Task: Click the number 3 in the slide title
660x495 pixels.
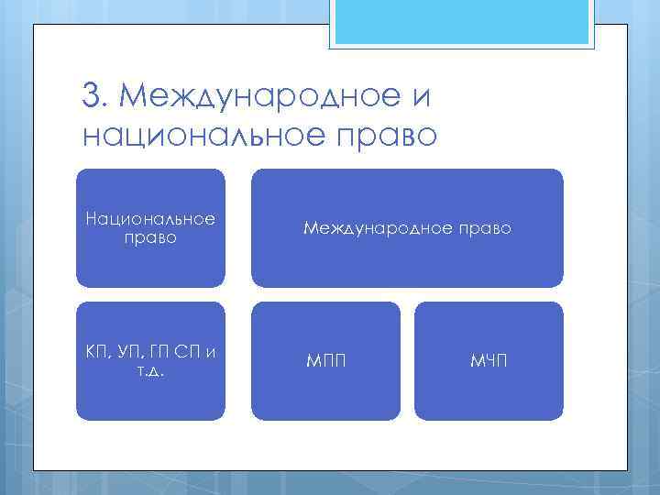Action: pos(90,94)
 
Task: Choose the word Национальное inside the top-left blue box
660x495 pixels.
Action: pos(149,219)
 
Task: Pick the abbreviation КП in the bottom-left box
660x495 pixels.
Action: pos(95,354)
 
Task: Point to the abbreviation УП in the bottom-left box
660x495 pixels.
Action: pos(129,354)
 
